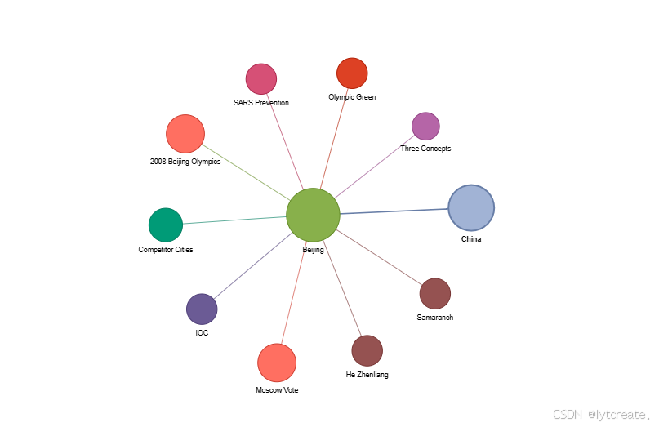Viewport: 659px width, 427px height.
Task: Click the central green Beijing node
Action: (313, 215)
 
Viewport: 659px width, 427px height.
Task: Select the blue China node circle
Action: (471, 207)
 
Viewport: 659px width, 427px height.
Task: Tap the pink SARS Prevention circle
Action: (261, 78)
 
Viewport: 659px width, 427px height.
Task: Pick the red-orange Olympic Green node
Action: (352, 73)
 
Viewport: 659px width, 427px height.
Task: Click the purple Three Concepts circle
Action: (425, 126)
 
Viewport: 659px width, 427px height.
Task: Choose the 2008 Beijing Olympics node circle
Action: (185, 134)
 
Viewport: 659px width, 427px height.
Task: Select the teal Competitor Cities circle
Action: (166, 225)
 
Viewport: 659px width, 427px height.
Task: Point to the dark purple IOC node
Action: (202, 309)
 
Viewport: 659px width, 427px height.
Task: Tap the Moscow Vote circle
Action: (277, 363)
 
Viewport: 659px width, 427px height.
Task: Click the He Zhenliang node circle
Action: (367, 350)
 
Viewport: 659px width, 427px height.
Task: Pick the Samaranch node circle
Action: (434, 293)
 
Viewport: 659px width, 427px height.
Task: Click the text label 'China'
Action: (471, 239)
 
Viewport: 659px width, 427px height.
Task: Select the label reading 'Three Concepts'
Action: (425, 149)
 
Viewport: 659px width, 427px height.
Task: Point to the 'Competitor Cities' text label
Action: (166, 250)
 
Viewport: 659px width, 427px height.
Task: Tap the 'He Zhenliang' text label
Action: (367, 375)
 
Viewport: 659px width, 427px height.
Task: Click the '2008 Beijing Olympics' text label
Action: (185, 162)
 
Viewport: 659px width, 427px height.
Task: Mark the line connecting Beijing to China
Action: (394, 211)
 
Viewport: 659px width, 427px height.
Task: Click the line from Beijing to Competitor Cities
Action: (235, 220)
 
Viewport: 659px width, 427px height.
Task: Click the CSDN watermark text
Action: (600, 415)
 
